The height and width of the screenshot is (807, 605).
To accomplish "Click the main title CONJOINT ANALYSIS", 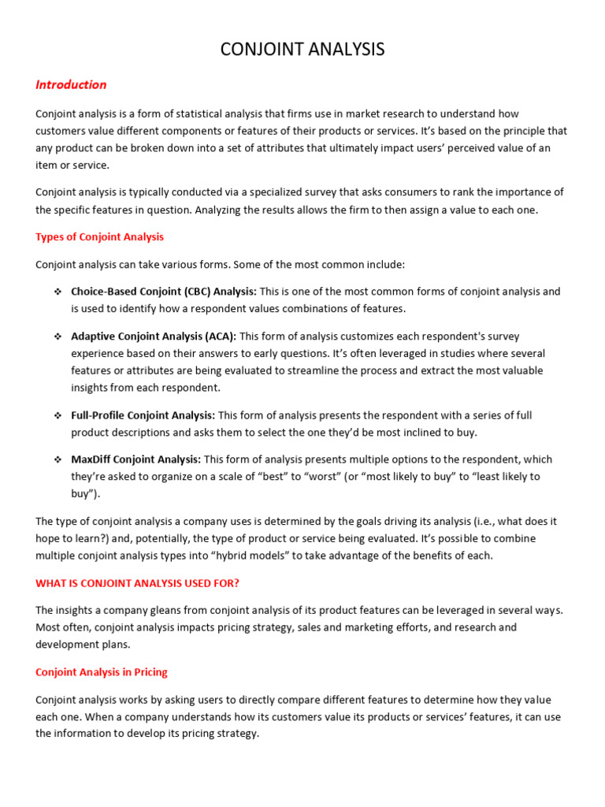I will [x=302, y=50].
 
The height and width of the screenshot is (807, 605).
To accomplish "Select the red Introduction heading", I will [x=71, y=85].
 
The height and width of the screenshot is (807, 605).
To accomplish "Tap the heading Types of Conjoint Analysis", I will [x=99, y=236].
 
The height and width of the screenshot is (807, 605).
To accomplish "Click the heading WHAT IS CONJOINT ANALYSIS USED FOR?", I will [x=137, y=583].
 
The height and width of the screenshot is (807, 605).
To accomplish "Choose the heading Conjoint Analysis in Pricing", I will [x=101, y=672].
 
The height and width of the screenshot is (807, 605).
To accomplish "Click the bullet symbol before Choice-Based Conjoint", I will [x=58, y=292].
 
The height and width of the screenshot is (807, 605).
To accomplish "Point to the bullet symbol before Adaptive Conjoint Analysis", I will [x=58, y=337].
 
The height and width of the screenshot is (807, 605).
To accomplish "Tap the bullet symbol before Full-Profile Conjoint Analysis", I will [x=58, y=415].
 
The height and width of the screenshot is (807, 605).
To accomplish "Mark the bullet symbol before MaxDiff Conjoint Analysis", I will [x=58, y=459].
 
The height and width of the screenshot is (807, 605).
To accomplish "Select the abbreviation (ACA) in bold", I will [x=217, y=337].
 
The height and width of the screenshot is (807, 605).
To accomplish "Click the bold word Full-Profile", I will [x=99, y=415].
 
